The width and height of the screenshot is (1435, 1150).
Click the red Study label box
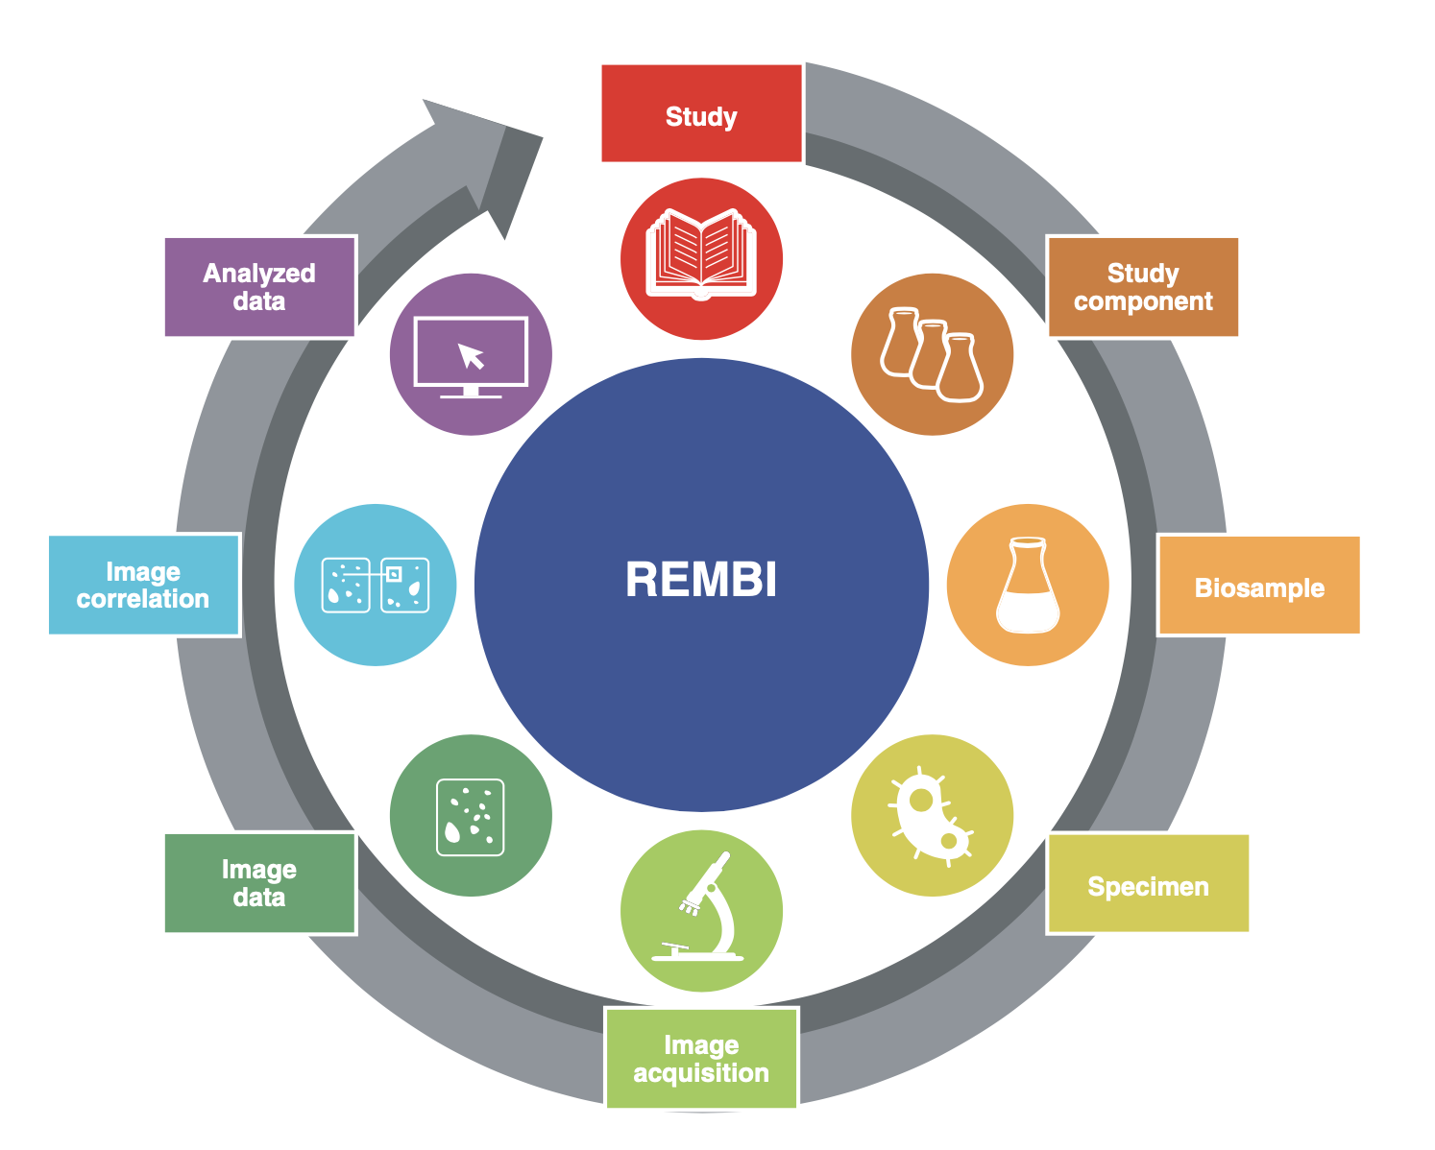pyautogui.click(x=701, y=113)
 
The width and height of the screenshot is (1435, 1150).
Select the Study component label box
pyautogui.click(x=1142, y=287)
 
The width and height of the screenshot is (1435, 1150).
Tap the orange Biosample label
pyautogui.click(x=1258, y=587)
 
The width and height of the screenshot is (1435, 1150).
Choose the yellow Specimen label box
pyautogui.click(x=1147, y=884)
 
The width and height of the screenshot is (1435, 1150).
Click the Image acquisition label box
pyautogui.click(x=701, y=1058)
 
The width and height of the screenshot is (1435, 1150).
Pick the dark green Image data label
pyautogui.click(x=259, y=883)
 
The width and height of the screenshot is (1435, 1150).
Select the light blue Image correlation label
pyautogui.click(x=143, y=585)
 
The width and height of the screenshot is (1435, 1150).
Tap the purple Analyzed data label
pyautogui.click(x=259, y=286)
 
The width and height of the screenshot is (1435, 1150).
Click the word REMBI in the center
pyautogui.click(x=701, y=580)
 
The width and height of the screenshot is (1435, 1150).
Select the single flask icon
pyautogui.click(x=1028, y=585)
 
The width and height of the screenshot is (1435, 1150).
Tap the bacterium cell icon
pyautogui.click(x=931, y=814)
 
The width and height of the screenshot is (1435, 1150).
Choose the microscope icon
pyautogui.click(x=701, y=910)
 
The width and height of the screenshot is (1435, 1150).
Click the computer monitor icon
pyautogui.click(x=471, y=355)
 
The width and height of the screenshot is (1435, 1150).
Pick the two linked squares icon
pyautogui.click(x=375, y=585)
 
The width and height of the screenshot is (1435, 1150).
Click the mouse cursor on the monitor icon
pyautogui.click(x=472, y=356)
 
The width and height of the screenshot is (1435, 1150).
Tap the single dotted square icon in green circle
pyautogui.click(x=471, y=816)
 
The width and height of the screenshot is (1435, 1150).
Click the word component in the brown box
pyautogui.click(x=1143, y=301)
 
